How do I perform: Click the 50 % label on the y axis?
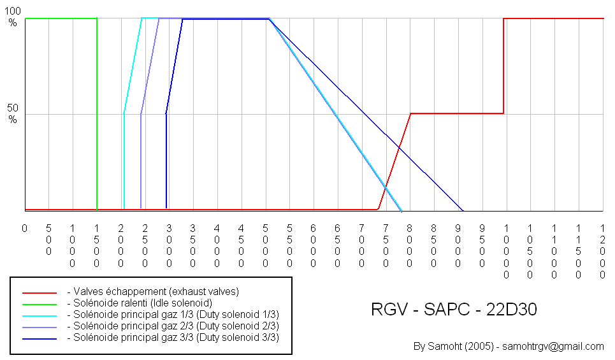click(13, 113)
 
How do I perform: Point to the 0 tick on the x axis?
click(24, 227)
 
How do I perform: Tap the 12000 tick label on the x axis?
click(602, 251)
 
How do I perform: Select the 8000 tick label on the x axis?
click(409, 245)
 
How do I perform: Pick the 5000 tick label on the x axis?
click(265, 245)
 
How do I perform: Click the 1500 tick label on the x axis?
click(96, 245)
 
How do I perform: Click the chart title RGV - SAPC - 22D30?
click(454, 310)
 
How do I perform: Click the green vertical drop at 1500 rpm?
click(97, 115)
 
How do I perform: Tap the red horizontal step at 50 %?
click(456, 113)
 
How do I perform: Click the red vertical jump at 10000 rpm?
click(503, 64)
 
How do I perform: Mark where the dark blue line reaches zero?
click(463, 210)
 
